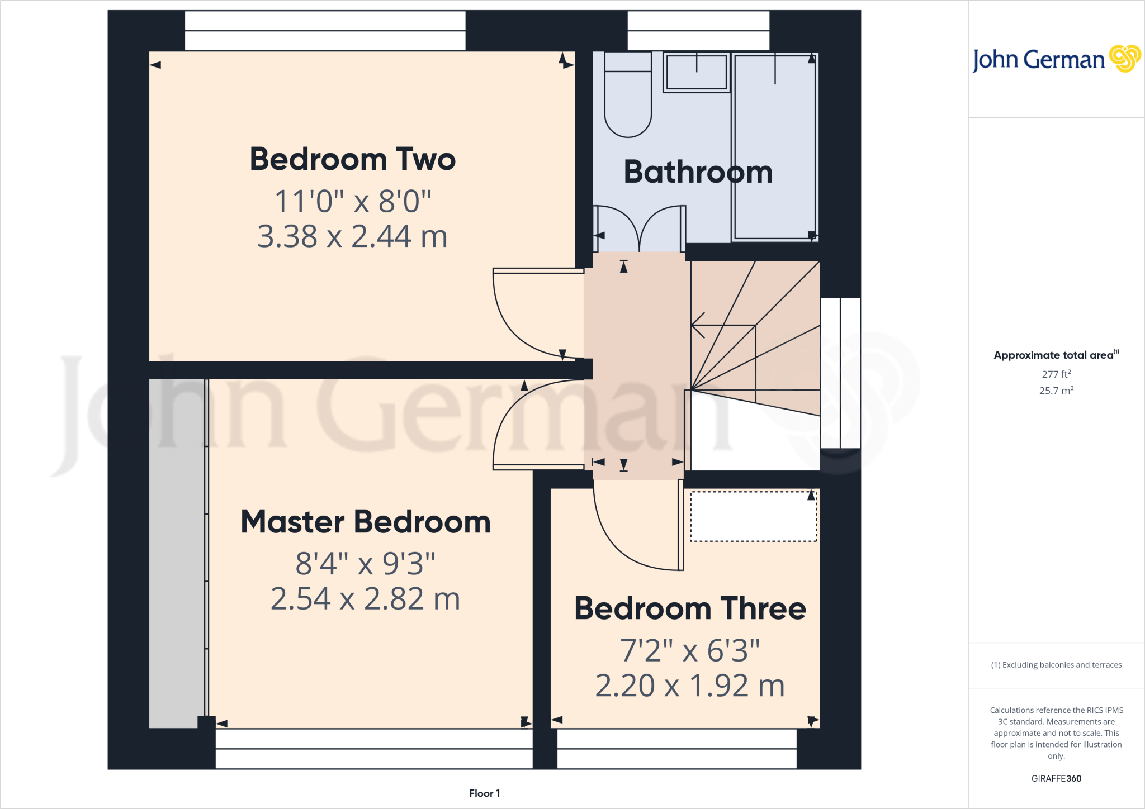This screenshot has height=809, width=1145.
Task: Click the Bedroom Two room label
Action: tap(352, 159)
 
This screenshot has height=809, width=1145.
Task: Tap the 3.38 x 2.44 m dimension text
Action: tap(352, 236)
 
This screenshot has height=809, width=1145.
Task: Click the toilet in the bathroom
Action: tap(628, 101)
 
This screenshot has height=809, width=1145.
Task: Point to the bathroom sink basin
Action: tap(697, 73)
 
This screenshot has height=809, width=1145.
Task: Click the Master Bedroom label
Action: tap(365, 522)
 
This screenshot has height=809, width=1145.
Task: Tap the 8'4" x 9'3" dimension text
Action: tap(365, 563)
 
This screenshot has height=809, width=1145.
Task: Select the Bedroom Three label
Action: tap(690, 608)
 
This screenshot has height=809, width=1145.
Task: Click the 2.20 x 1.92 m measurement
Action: tap(690, 686)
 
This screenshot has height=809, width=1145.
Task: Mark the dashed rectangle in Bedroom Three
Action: tap(753, 516)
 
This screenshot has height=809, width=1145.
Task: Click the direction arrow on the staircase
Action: tap(699, 325)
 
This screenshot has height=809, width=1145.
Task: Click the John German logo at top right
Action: tap(1056, 59)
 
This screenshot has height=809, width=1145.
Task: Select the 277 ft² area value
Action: tap(1056, 374)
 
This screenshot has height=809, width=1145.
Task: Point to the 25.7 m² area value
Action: tap(1056, 391)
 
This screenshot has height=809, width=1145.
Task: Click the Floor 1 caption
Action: tap(484, 793)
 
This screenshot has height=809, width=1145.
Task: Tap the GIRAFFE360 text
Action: tap(1056, 778)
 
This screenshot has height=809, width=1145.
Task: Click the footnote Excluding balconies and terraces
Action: tap(1056, 665)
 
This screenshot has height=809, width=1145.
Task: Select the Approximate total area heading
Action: tap(1054, 355)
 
